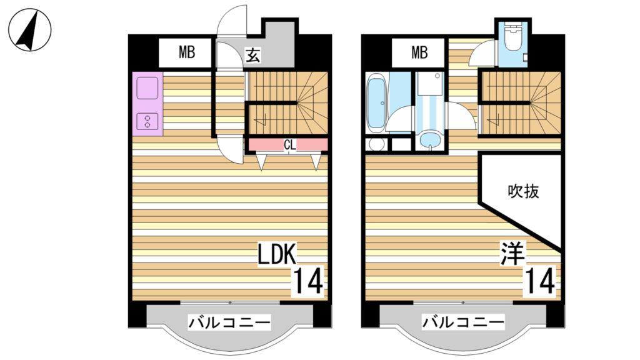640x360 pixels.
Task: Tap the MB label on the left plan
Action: pos(187,53)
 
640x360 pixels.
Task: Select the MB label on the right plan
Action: pos(419,53)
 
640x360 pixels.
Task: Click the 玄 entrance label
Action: pos(252,55)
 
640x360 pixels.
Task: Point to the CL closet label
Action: pos(289,145)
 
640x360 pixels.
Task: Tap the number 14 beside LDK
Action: pos(309,281)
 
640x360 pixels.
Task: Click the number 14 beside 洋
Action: pos(540,281)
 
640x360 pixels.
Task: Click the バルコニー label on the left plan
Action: pos(229,323)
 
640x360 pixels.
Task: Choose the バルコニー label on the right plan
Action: pos(462,323)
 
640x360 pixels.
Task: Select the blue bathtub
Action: pos(377,103)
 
